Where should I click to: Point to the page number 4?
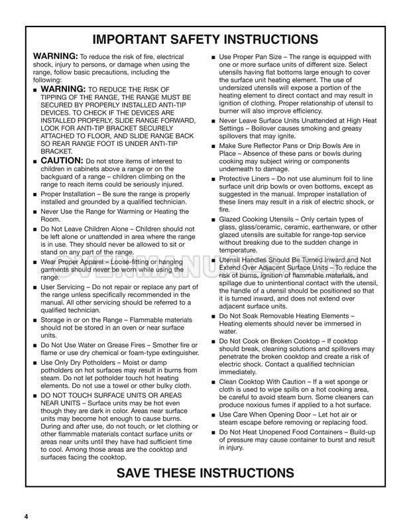point(26,517)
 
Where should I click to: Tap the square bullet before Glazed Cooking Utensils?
point(213,218)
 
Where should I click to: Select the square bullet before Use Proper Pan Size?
point(213,57)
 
